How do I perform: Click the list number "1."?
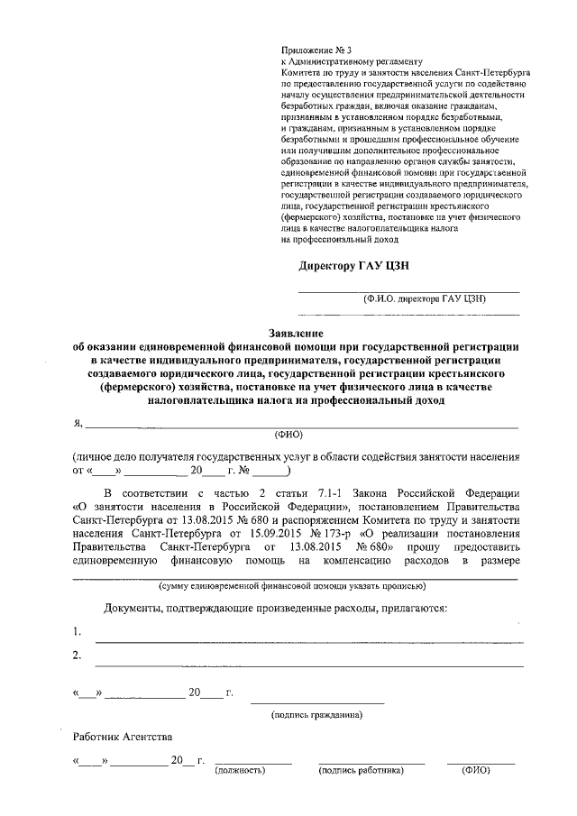click(x=78, y=630)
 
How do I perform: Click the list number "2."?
click(x=78, y=655)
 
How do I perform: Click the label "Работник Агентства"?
click(x=118, y=738)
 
